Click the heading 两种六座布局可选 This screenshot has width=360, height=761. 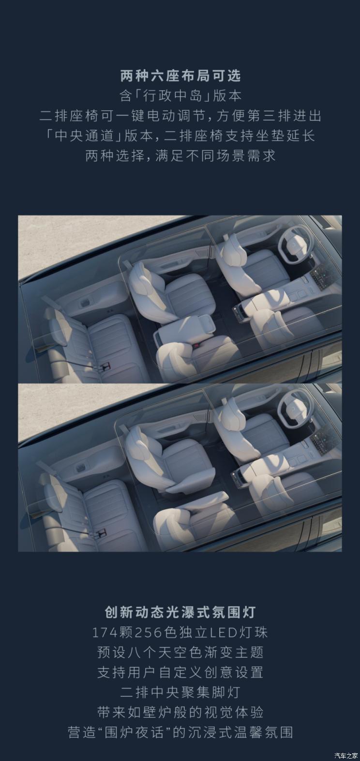(180, 76)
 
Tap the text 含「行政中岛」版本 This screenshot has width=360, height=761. (180, 96)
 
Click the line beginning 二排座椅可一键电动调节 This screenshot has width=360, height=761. (180, 116)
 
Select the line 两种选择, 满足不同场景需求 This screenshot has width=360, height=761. (180, 156)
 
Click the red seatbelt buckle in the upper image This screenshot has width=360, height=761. (196, 345)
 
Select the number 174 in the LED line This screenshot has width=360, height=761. (104, 633)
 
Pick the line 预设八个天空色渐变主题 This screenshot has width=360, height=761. (180, 652)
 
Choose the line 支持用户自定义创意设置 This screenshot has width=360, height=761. (180, 672)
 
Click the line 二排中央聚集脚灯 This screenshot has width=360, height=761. (180, 692)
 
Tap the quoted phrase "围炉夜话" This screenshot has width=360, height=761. (136, 732)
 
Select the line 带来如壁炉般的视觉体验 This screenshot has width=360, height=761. (180, 712)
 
